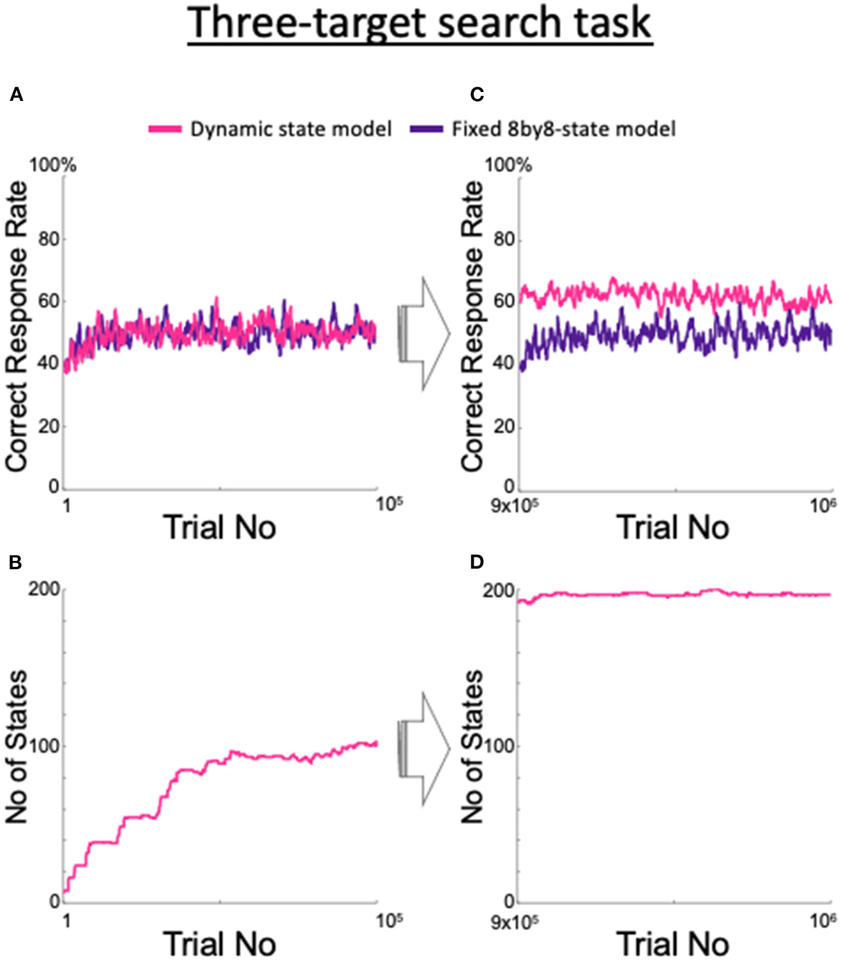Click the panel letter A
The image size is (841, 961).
16,95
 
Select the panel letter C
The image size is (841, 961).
477,95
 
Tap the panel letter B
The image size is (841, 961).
16,562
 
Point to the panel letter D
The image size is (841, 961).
477,562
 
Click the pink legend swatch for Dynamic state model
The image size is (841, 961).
164,129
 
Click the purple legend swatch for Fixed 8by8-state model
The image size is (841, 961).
426,129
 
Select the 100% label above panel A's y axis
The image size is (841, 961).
53,165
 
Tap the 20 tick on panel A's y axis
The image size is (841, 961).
49,426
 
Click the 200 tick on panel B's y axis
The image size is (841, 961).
45,589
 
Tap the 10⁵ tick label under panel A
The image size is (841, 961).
389,505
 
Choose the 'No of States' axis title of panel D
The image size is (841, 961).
472,746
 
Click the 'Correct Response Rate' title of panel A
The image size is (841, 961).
17,326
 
